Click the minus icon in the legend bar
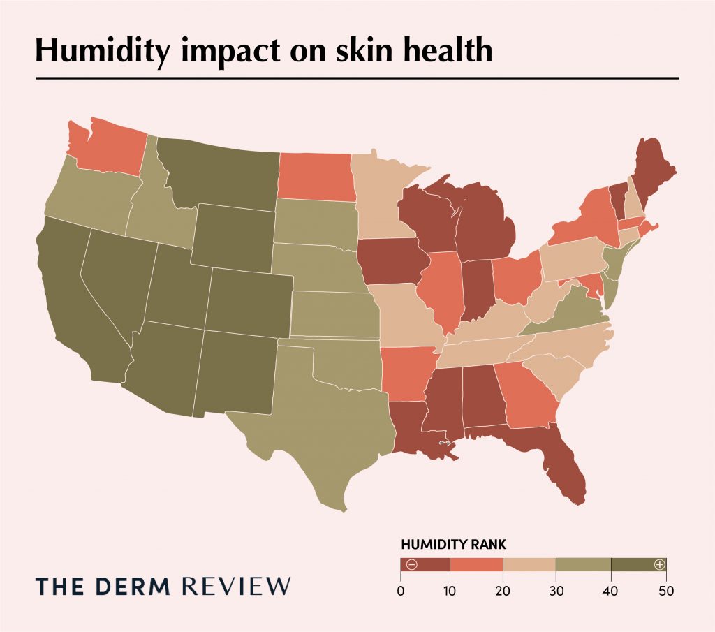(x=411, y=564)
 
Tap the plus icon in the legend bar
(x=658, y=564)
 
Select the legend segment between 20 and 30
(x=529, y=564)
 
